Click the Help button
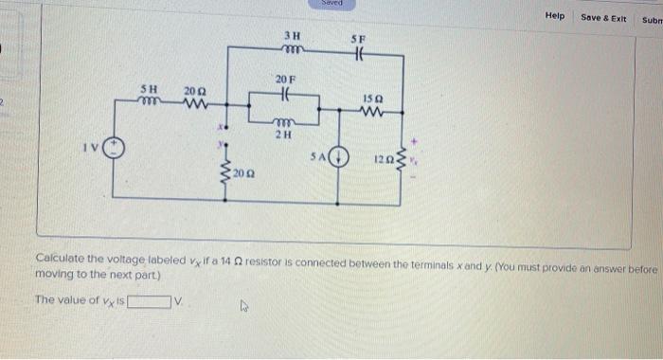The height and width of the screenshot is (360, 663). click(x=554, y=16)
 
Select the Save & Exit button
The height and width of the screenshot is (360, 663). click(x=603, y=17)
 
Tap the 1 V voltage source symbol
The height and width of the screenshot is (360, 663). click(x=115, y=150)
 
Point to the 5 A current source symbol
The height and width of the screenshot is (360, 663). click(x=339, y=157)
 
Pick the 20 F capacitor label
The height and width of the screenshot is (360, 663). click(x=285, y=78)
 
